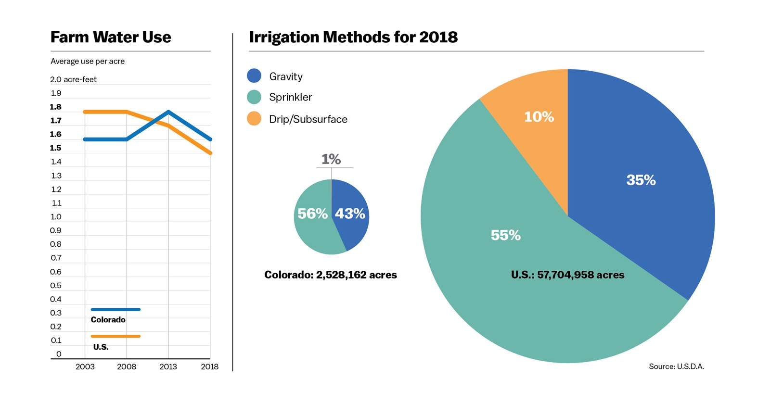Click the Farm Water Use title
click(x=111, y=37)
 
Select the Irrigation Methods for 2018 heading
click(x=353, y=37)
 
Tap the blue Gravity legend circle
click(x=254, y=76)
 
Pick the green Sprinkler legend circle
click(x=254, y=97)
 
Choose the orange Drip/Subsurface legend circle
click(x=254, y=119)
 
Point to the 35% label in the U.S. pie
click(x=641, y=180)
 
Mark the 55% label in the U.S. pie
click(x=505, y=235)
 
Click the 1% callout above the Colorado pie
click(x=331, y=159)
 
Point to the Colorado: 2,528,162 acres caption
click(x=331, y=275)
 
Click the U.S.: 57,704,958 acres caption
click(x=567, y=275)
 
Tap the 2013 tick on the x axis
click(x=168, y=366)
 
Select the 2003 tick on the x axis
click(x=85, y=366)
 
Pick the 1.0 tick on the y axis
click(x=56, y=217)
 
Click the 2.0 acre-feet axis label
click(x=73, y=79)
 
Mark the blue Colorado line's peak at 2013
click(x=168, y=112)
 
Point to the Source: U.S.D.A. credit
click(x=676, y=366)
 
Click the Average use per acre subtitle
click(x=88, y=61)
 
